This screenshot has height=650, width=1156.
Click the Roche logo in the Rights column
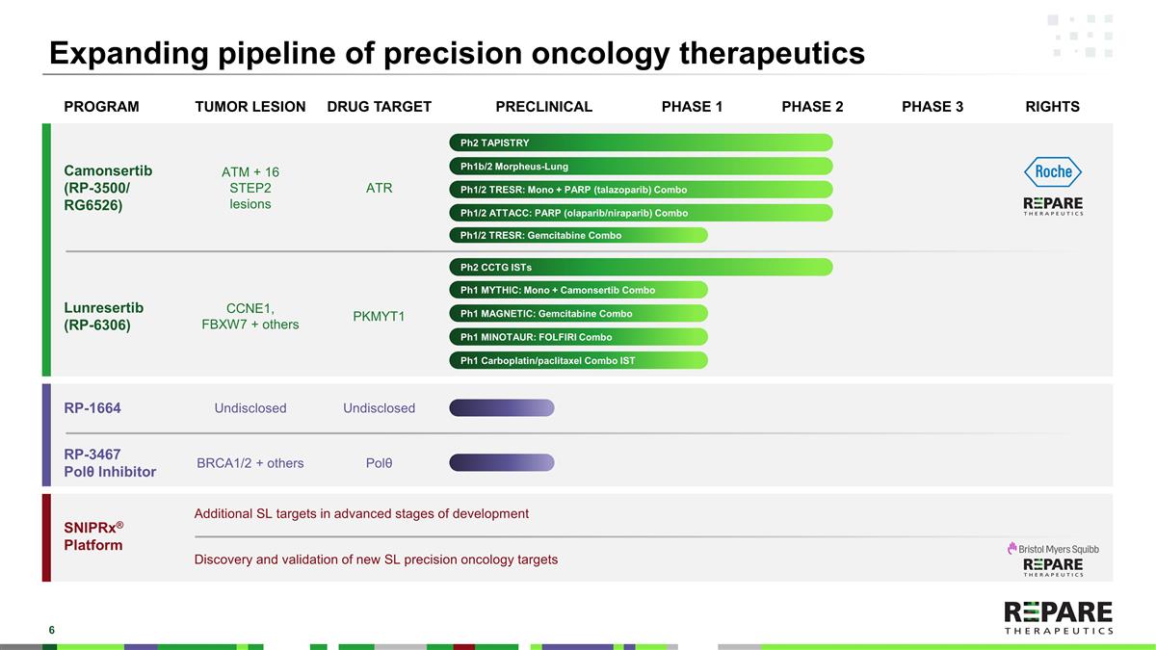tap(1053, 172)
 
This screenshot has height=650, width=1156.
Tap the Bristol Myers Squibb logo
tap(1053, 548)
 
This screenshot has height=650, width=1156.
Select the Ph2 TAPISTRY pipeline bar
tap(641, 143)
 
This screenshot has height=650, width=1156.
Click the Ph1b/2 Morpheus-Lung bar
tap(641, 166)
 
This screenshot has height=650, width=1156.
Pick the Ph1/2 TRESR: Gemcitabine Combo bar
tap(578, 235)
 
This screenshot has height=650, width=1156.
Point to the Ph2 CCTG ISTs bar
tap(641, 267)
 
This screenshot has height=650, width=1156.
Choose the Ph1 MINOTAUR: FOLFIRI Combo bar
tap(578, 337)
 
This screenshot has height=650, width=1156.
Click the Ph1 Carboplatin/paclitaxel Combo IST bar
tap(578, 360)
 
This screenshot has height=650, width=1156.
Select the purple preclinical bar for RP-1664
tap(502, 408)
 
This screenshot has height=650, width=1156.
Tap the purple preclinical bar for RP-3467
tap(502, 463)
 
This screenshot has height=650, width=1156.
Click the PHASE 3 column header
tap(932, 107)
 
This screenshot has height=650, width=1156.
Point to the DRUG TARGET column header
tap(379, 107)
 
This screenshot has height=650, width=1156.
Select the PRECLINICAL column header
tap(543, 107)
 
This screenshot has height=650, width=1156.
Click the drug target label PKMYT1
tap(379, 316)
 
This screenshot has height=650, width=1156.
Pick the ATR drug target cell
tap(379, 188)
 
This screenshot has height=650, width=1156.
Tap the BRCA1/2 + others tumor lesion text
tap(250, 463)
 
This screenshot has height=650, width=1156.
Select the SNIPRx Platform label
tap(93, 536)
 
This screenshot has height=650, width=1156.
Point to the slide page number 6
tap(52, 630)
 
